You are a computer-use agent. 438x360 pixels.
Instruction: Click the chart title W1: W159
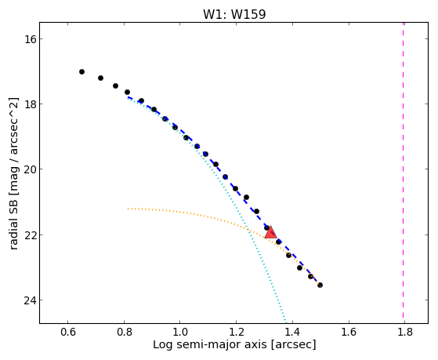[x=234, y=14]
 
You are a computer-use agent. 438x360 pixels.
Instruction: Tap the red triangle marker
[x=270, y=233]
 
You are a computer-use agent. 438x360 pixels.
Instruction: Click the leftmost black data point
[x=81, y=72]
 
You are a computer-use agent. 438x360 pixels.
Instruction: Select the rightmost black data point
[x=320, y=285]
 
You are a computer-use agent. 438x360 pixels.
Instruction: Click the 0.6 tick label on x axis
[x=67, y=332]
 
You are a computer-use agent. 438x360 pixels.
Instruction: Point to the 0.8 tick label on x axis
[x=124, y=332]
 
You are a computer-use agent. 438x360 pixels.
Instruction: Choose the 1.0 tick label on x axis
[x=180, y=332]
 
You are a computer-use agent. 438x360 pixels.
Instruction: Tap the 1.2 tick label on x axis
[x=236, y=332]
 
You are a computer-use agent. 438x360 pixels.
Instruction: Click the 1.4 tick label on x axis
[x=292, y=332]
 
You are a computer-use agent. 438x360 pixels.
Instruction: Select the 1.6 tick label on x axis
[x=349, y=332]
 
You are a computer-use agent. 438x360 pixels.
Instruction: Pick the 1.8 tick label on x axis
[x=405, y=332]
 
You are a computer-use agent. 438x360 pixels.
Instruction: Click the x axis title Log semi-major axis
[x=209, y=344]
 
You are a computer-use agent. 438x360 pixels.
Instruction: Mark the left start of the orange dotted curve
[x=129, y=209]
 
